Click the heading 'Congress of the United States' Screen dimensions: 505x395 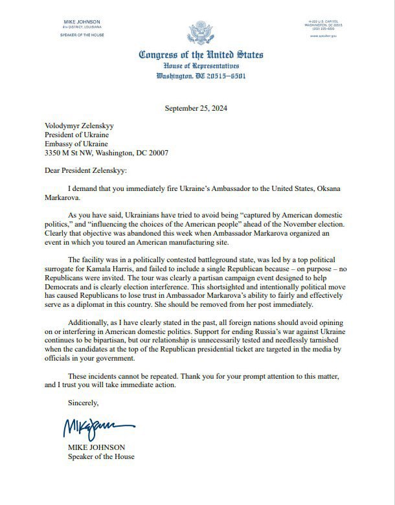[x=198, y=55]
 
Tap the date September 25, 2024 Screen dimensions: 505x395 [x=198, y=107]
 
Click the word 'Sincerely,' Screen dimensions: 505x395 [x=83, y=403]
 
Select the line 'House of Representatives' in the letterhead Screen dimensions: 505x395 [x=198, y=67]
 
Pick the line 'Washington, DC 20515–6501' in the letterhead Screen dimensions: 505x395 [x=198, y=76]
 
